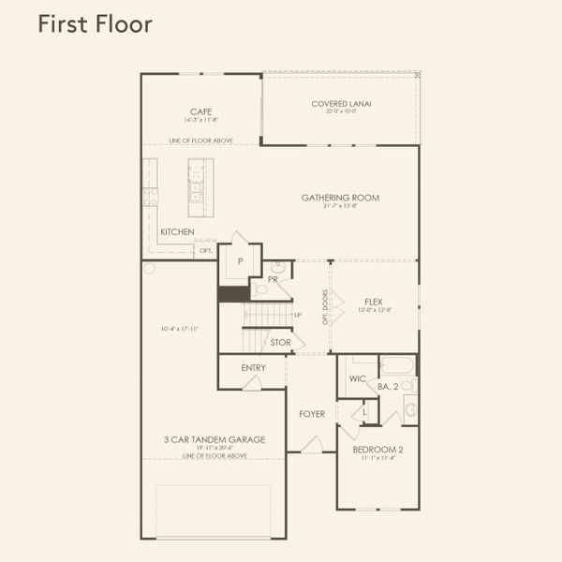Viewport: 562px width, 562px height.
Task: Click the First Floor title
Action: pyautogui.click(x=94, y=24)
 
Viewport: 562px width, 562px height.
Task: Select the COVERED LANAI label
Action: pyautogui.click(x=341, y=104)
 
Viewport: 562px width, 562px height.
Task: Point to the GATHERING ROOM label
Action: pyautogui.click(x=340, y=198)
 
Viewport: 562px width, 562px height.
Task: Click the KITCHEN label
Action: pyautogui.click(x=177, y=231)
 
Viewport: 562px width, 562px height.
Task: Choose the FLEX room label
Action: pyautogui.click(x=374, y=302)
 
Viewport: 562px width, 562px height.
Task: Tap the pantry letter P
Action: pyautogui.click(x=240, y=261)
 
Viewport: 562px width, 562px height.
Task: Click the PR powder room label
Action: pyautogui.click(x=272, y=279)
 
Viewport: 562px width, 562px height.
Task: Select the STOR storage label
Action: pyautogui.click(x=280, y=343)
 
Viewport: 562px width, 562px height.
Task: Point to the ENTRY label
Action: pyautogui.click(x=253, y=368)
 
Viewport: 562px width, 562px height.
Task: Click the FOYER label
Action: pyautogui.click(x=312, y=413)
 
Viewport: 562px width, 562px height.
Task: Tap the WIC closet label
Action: pyautogui.click(x=357, y=379)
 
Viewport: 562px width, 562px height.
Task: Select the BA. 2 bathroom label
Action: pyautogui.click(x=389, y=385)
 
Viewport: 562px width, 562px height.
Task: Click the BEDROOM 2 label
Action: pyautogui.click(x=377, y=450)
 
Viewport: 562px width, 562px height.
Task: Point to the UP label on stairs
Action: pyautogui.click(x=298, y=315)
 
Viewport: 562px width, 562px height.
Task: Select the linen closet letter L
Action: pyautogui.click(x=364, y=411)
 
